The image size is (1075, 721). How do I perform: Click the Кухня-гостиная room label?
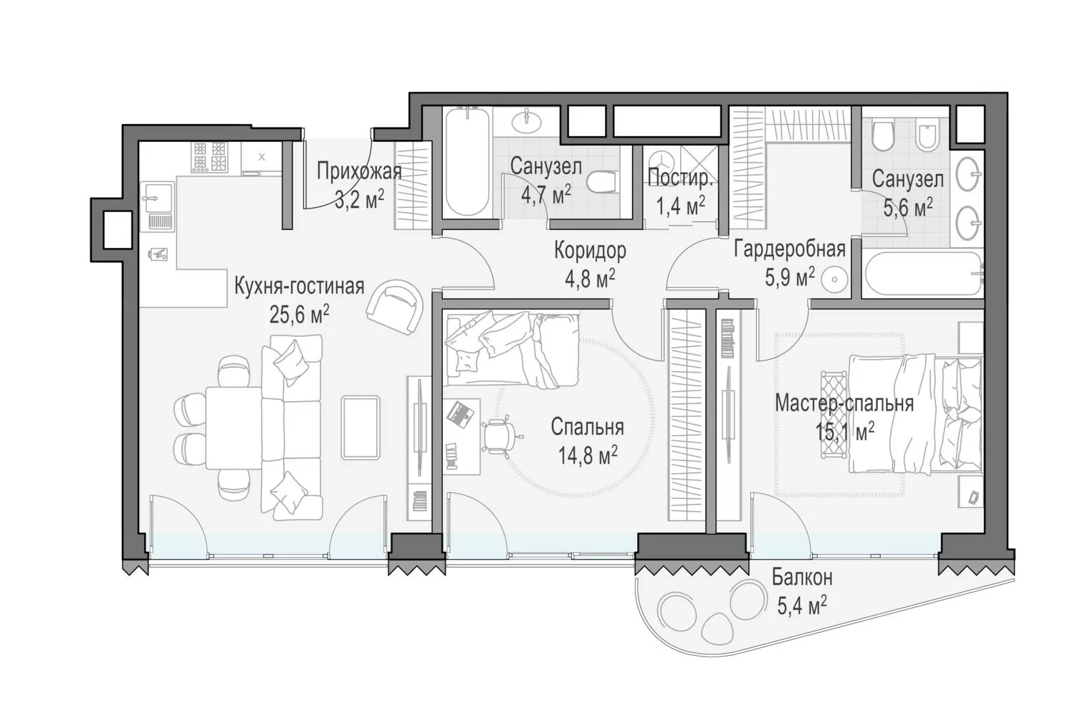coord(299,287)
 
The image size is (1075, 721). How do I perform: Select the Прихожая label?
coord(359,171)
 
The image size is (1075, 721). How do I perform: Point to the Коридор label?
coord(590,251)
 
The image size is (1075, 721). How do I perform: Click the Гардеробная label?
coord(790,249)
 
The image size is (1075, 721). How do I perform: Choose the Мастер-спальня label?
coord(844,404)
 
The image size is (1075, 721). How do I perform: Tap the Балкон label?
coord(802,578)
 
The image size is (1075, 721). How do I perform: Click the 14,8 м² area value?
coord(588,455)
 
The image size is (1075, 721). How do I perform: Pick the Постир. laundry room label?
coord(679,178)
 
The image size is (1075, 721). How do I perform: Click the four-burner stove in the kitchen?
coord(209,157)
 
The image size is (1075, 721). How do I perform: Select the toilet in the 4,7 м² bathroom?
coord(601,183)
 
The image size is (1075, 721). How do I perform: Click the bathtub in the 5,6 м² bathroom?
coord(922,274)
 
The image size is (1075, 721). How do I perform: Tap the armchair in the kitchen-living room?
coord(395,307)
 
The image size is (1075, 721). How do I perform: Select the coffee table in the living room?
coord(360,427)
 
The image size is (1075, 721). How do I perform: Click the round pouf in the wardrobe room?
coord(835,280)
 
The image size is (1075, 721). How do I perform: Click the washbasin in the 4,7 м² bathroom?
coord(527,120)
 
